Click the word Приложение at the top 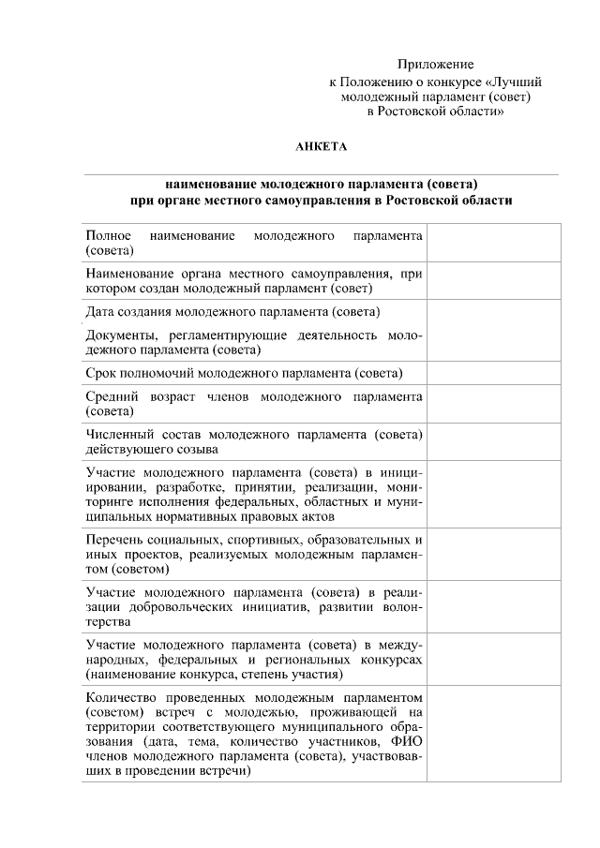pyautogui.click(x=435, y=64)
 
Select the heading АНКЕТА pyautogui.click(x=322, y=145)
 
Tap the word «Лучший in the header pyautogui.click(x=516, y=82)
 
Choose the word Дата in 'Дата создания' pyautogui.click(x=100, y=311)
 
